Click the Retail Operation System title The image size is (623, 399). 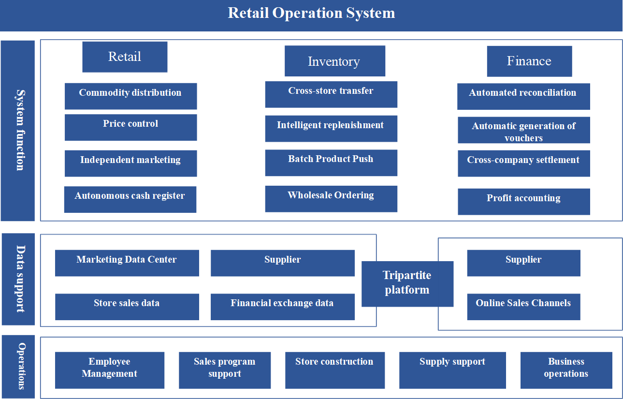tap(311, 13)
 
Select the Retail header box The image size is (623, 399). tap(125, 57)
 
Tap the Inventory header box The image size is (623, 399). tap(335, 61)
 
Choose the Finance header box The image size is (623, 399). tap(530, 61)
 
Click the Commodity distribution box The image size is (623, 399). tap(130, 96)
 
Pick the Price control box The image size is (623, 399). tap(130, 127)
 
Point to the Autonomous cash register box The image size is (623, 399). tap(130, 199)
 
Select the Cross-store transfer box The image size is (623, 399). tap(331, 94)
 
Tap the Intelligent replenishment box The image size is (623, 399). tap(331, 129)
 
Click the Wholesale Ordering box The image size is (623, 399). tap(331, 199)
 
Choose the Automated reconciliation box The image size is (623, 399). tap(524, 97)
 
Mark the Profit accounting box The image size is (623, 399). tap(524, 202)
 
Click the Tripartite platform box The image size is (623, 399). tap(407, 284)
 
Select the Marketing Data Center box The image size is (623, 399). tap(127, 263)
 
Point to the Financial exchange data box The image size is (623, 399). tap(283, 307)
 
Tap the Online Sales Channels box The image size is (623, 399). tap(524, 307)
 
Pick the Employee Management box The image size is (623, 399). tap(110, 370)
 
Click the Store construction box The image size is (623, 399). tap(335, 370)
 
